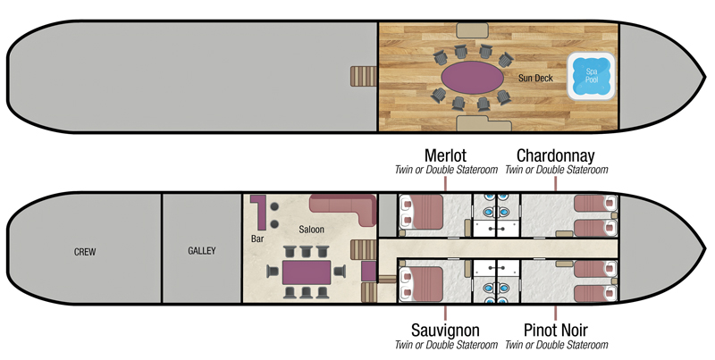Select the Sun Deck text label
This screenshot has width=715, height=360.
[535, 79]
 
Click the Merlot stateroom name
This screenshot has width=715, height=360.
[445, 155]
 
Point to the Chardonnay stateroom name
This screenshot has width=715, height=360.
[556, 155]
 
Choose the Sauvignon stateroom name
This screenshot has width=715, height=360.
[445, 331]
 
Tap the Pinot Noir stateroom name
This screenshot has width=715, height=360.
[556, 331]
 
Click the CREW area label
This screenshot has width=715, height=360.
[85, 252]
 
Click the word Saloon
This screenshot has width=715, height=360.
[312, 230]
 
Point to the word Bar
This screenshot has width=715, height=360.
[258, 239]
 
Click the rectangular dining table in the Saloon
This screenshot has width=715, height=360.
[307, 272]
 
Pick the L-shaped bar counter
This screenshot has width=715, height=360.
[259, 211]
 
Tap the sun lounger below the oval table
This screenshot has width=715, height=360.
[470, 121]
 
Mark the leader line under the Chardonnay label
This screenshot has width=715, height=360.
[556, 183]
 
